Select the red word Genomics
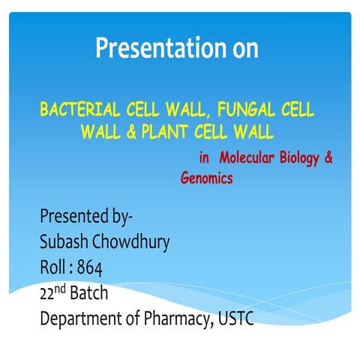(206, 179)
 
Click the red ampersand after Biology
(328, 158)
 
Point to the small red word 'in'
(204, 158)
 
